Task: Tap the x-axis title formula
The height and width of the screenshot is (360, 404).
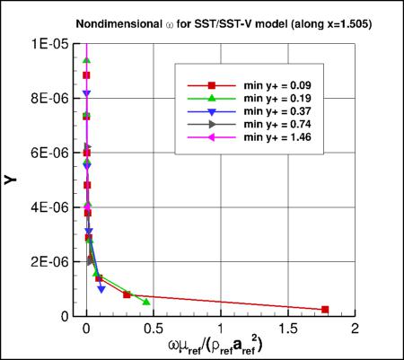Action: click(219, 347)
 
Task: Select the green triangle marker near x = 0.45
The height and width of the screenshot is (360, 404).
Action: click(146, 302)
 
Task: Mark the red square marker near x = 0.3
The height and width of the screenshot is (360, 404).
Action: click(127, 294)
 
